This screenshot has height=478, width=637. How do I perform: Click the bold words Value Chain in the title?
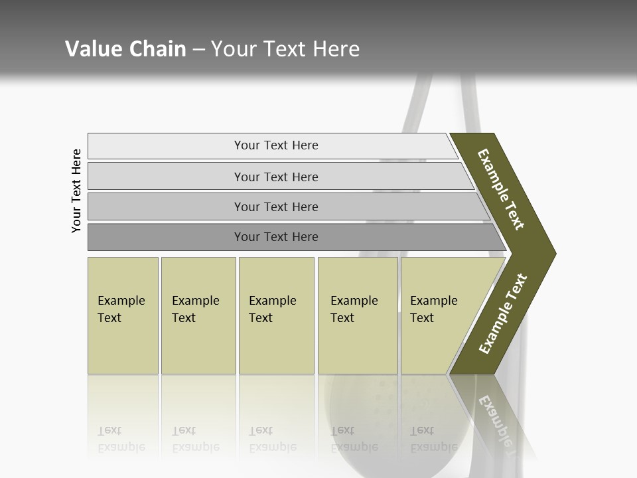125,49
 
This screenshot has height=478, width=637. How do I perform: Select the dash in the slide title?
198,50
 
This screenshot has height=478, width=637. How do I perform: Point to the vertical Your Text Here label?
76,191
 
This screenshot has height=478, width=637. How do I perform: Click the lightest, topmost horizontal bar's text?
276,145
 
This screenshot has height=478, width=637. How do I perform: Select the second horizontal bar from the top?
276,177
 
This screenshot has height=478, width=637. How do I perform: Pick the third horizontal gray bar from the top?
276,206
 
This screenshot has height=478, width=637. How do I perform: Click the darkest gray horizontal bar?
276,237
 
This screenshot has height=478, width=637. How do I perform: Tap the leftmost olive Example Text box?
123,315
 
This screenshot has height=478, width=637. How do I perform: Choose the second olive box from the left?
198,315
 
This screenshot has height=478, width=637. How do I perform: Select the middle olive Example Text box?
276,315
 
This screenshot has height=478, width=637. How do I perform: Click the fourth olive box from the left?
358,315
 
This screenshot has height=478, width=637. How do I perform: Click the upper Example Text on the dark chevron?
501,189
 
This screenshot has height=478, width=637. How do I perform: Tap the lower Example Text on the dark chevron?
503,314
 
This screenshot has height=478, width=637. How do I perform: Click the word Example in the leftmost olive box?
121,301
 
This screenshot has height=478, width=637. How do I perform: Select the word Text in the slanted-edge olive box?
421,318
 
